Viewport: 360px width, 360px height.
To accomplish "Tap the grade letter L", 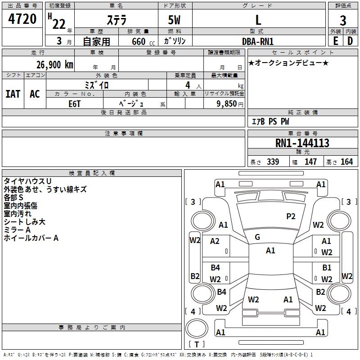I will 258,20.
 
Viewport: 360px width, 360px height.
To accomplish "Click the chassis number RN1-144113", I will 302,143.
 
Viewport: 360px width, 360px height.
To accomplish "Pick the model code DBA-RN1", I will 258,41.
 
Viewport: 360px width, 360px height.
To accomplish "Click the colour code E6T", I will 74,103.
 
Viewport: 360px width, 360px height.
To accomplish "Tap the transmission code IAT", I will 13,94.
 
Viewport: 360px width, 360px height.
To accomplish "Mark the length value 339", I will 273,162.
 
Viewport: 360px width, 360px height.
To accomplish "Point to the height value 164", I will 346,162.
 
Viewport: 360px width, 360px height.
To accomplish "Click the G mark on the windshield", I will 257,237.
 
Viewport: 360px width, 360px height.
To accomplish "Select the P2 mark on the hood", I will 291,216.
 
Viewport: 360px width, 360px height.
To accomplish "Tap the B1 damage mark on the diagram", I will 327,268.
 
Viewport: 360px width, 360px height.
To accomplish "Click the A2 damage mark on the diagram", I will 215,241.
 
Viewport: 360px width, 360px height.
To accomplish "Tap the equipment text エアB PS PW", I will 270,122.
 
